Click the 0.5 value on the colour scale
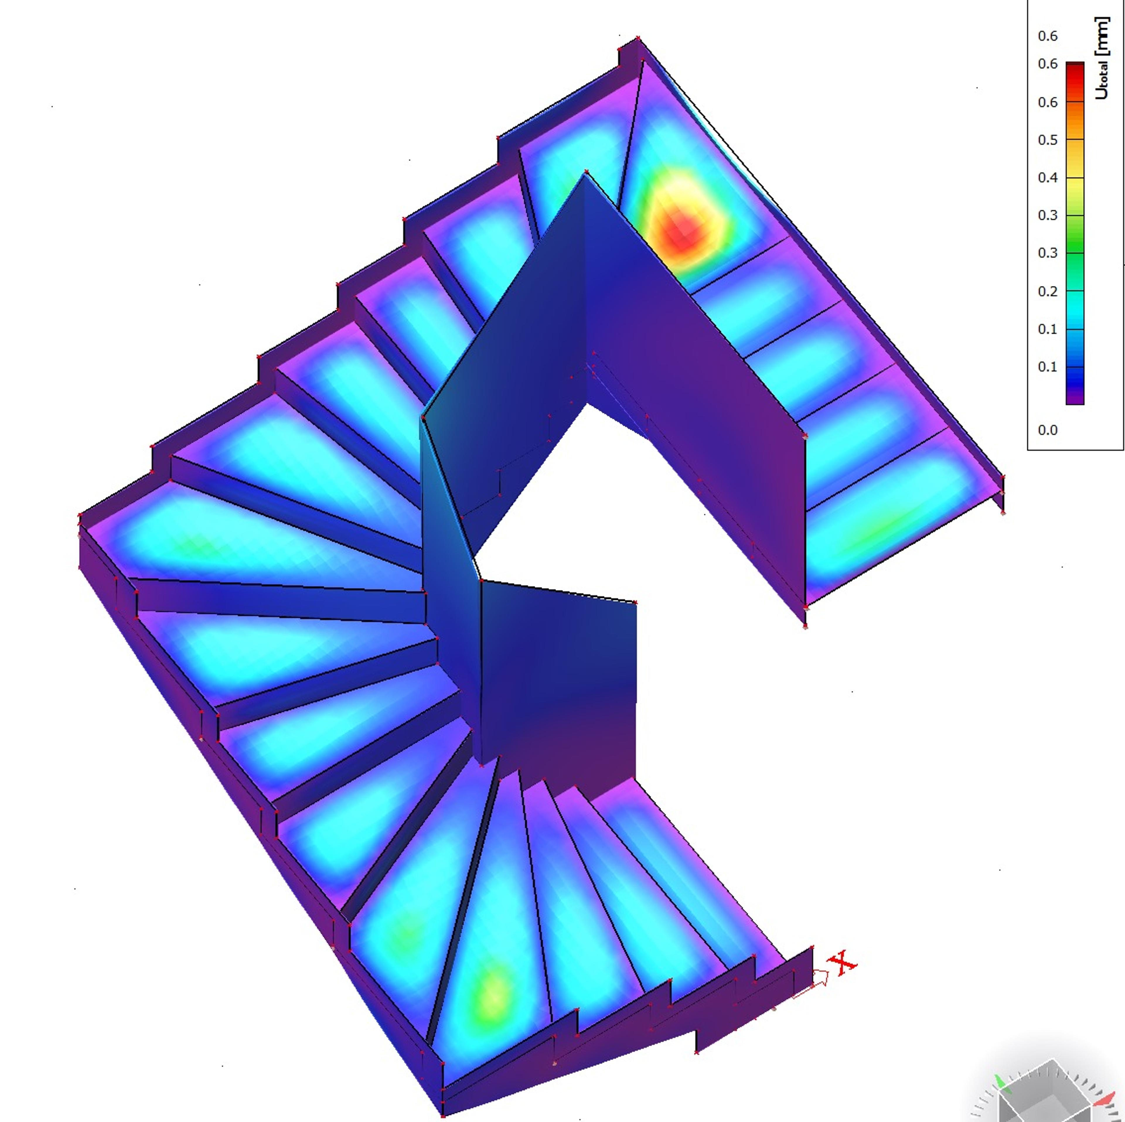1048,140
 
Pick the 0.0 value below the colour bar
1048,430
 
